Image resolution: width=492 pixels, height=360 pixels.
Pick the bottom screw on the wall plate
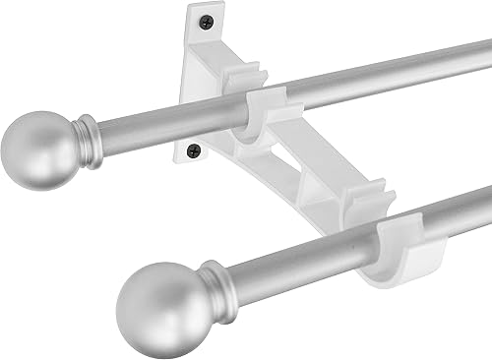(194, 150)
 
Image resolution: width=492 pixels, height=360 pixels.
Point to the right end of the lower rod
(486, 201)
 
